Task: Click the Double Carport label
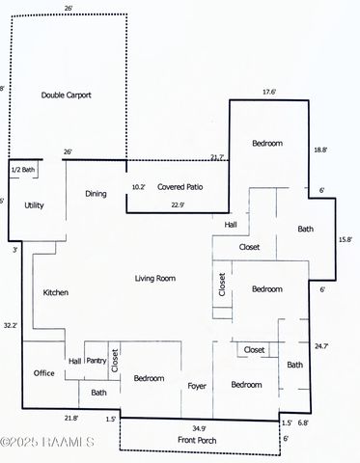66,95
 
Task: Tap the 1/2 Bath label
22,170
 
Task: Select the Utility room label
34,205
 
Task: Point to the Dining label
96,193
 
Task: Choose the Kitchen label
55,291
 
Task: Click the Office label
43,372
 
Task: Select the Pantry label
96,360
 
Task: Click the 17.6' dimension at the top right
269,93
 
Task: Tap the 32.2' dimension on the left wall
11,325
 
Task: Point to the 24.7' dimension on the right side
321,344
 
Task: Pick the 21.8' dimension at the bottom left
70,418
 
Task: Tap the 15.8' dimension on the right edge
345,239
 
